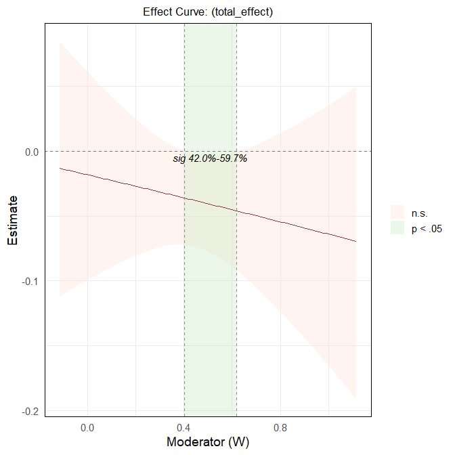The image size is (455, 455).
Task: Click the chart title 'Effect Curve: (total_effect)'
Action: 208,12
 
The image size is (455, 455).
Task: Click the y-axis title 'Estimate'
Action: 13,220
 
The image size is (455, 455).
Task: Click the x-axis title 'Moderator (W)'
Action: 208,443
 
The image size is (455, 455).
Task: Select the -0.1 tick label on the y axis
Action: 29,281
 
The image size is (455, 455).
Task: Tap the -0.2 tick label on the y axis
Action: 29,411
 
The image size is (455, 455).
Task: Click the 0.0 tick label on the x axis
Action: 87,427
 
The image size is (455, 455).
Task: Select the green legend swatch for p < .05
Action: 397,229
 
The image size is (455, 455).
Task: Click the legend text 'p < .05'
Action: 427,230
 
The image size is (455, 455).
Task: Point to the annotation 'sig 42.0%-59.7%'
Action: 210,159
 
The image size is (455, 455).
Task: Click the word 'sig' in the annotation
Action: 179,159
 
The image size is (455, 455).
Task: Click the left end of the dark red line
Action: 60,168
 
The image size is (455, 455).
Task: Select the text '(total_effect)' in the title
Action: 242,12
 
